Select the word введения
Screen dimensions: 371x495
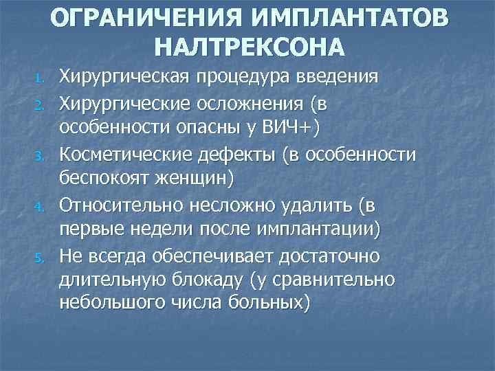[x=340, y=74]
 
